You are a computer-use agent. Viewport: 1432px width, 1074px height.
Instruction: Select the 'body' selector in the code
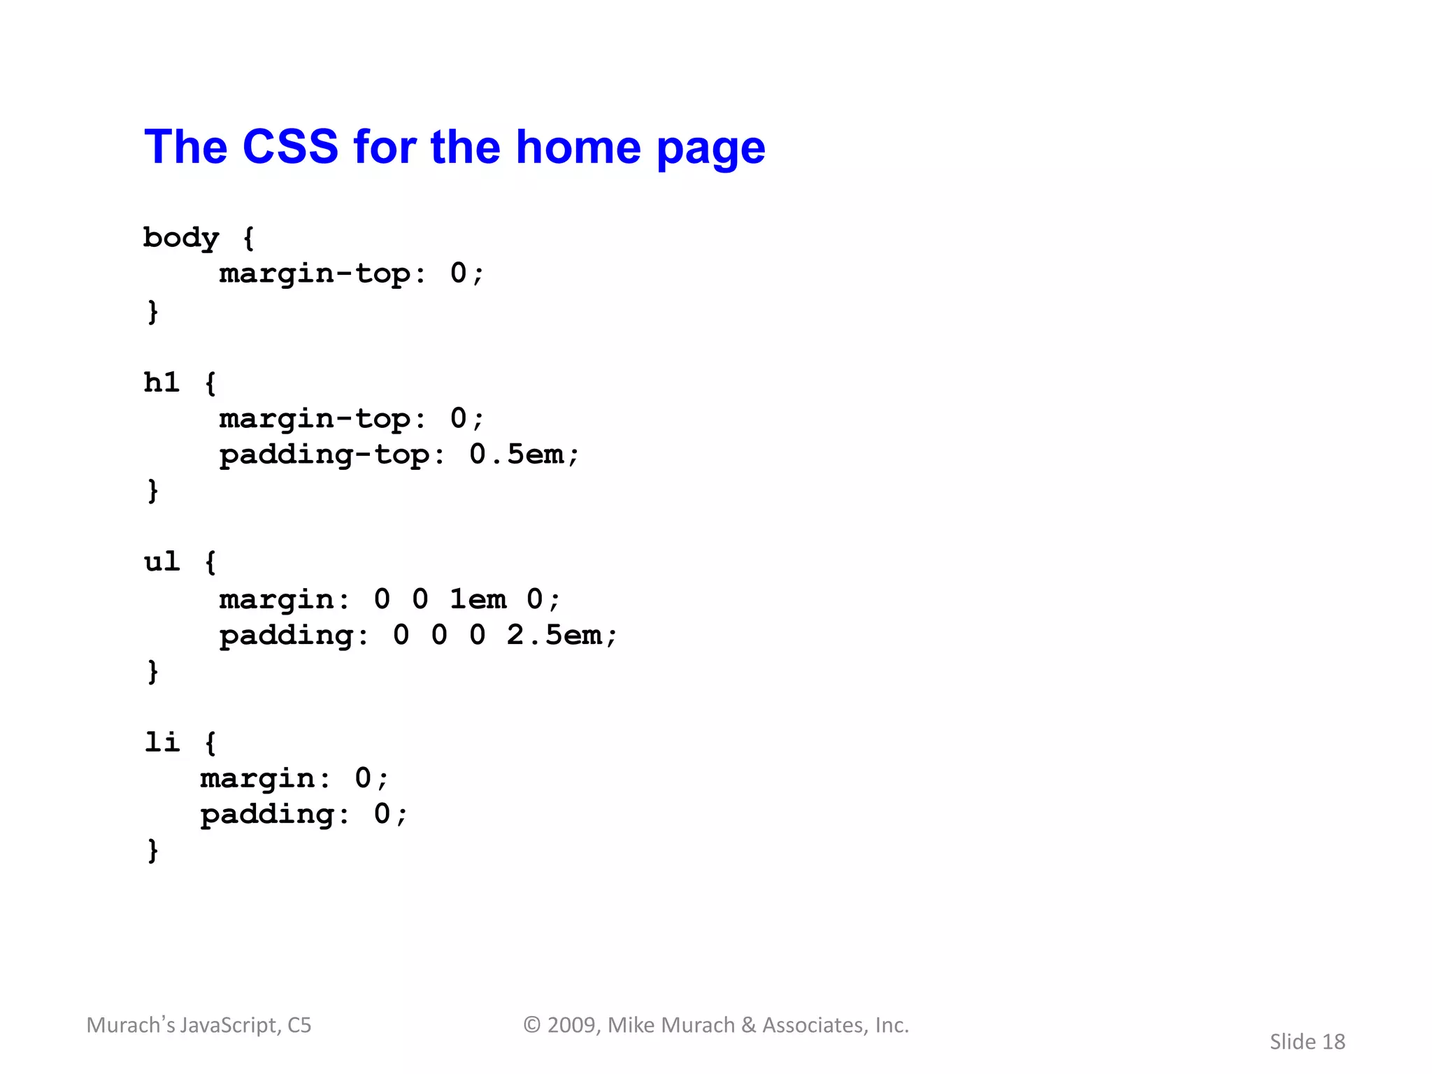(181, 238)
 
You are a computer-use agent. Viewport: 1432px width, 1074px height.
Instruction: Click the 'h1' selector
(162, 382)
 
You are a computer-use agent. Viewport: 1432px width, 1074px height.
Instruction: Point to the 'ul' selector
(162, 561)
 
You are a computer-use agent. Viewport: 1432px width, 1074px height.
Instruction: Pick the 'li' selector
(162, 742)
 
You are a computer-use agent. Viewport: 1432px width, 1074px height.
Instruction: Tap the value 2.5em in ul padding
(554, 635)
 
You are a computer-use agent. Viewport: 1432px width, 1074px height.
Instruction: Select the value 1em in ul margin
(478, 599)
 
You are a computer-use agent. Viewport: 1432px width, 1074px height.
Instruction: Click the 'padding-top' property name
(324, 455)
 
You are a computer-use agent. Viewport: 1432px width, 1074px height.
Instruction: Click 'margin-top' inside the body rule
(314, 273)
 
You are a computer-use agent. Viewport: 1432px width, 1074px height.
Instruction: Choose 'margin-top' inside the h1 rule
(314, 419)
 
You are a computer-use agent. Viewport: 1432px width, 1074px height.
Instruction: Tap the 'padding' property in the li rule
(266, 815)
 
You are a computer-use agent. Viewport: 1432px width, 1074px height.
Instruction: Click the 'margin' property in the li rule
(257, 778)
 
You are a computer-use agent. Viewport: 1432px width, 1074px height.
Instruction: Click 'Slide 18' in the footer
(1307, 1042)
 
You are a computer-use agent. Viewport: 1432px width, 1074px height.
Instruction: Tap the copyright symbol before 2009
(532, 1025)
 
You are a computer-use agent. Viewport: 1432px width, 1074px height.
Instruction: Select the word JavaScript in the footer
(230, 1025)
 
